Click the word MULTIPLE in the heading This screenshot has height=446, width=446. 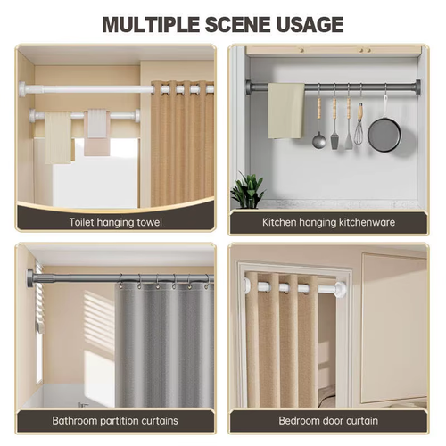[x=151, y=24]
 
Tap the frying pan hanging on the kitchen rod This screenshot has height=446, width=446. [x=384, y=131]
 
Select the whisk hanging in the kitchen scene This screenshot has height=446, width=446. [x=359, y=124]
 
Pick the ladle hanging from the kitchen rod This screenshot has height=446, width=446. [x=318, y=125]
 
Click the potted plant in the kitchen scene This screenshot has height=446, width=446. [x=247, y=190]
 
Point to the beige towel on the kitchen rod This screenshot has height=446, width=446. [x=286, y=111]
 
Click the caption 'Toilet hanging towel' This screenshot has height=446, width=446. [x=116, y=222]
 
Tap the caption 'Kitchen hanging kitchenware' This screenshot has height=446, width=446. [x=328, y=222]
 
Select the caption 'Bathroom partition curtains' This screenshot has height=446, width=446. [x=115, y=421]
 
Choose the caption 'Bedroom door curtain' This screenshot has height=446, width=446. [x=328, y=421]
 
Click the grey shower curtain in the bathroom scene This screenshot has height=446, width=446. [x=164, y=344]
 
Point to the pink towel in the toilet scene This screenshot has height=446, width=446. [x=97, y=133]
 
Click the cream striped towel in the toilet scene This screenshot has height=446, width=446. [x=58, y=137]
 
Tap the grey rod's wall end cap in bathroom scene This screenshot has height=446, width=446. [x=30, y=278]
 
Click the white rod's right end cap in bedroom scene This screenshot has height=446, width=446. [x=340, y=288]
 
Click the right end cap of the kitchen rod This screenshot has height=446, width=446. [x=417, y=87]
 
